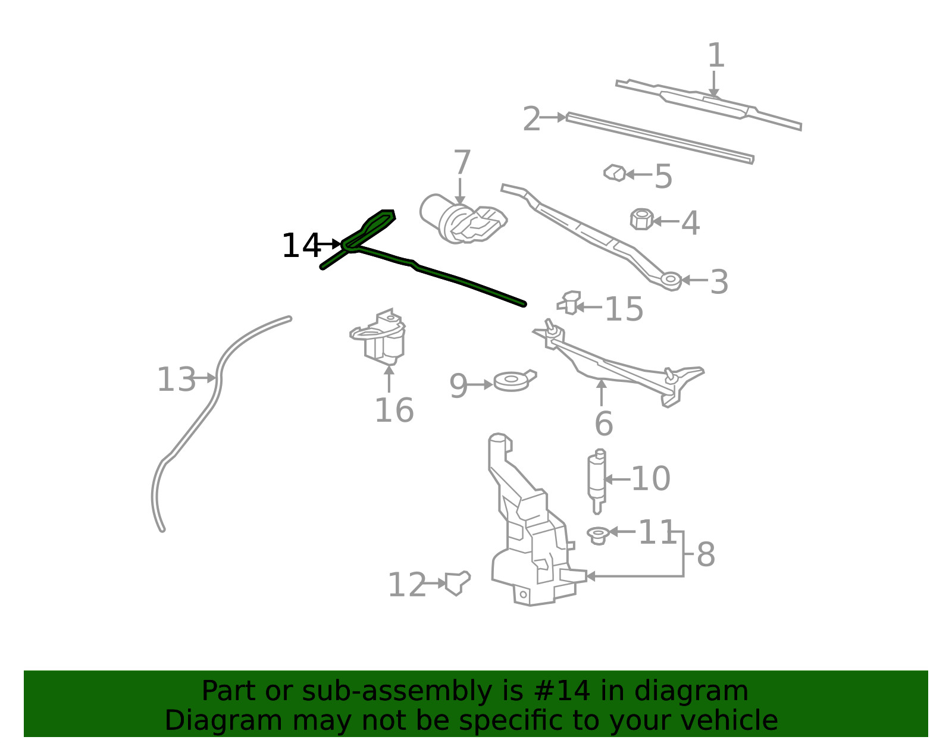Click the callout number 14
tap(302, 246)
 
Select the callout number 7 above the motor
tap(462, 162)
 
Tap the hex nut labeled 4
tap(642, 220)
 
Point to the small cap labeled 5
tap(615, 173)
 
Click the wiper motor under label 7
tap(462, 219)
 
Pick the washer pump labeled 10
tap(597, 481)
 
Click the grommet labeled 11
tap(598, 536)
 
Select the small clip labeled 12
tap(458, 583)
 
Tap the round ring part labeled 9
tap(514, 380)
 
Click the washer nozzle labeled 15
tap(569, 303)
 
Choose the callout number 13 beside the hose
tap(176, 380)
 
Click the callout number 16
tap(394, 410)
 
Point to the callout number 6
tap(604, 424)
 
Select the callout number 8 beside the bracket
tap(706, 554)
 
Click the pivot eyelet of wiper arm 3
tap(671, 280)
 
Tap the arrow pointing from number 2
tap(553, 117)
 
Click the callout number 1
tap(716, 55)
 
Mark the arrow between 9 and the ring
tap(480, 385)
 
